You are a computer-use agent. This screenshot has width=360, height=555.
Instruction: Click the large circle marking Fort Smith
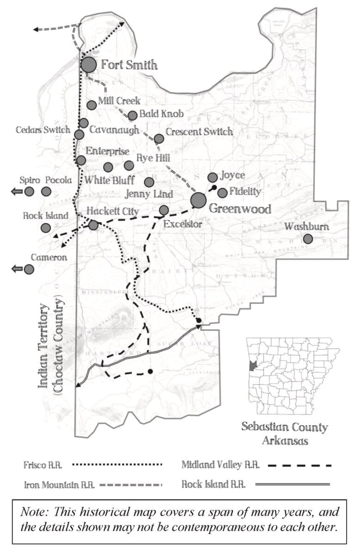89,65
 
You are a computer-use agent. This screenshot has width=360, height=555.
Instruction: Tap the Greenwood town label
239,209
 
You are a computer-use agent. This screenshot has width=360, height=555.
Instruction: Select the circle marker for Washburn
307,239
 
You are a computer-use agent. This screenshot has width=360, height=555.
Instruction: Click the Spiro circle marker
29,191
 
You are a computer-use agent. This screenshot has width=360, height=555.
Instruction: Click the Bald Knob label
161,114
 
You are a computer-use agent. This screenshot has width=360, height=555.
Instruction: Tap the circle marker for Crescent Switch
159,138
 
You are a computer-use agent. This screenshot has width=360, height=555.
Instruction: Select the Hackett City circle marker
93,225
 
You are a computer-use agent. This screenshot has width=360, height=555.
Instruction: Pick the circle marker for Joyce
212,177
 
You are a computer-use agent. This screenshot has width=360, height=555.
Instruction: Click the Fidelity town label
245,191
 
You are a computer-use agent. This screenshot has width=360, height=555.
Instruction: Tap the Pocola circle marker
46,191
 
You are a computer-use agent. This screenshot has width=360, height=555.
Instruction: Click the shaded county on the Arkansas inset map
252,367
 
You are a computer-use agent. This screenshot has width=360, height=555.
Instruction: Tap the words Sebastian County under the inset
284,427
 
